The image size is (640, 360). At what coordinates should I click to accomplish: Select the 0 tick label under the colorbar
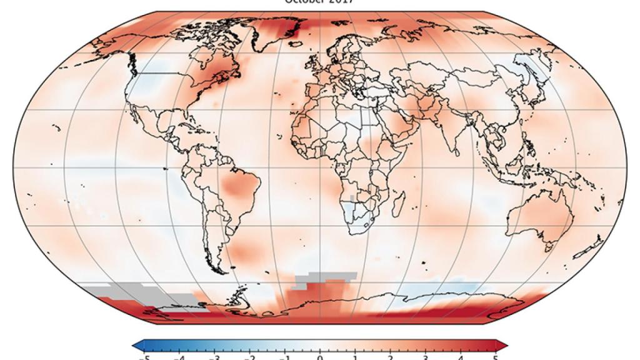click(x=320, y=357)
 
